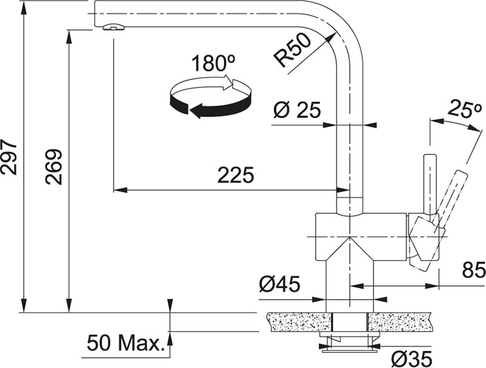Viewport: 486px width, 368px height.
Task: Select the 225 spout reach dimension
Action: (236, 175)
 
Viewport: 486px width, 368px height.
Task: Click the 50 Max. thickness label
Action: (126, 343)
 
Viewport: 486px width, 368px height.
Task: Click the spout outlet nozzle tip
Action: (113, 26)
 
